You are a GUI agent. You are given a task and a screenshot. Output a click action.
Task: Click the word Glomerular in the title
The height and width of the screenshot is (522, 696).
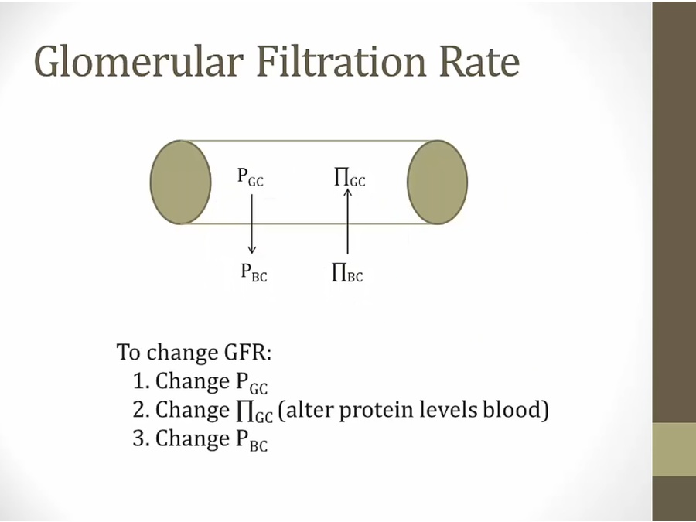click(x=139, y=61)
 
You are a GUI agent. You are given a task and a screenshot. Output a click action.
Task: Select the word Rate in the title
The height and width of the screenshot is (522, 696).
click(x=479, y=61)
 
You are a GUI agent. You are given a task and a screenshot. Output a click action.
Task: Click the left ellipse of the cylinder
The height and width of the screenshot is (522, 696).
click(x=181, y=182)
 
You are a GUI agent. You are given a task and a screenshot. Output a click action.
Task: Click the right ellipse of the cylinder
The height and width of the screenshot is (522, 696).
click(x=437, y=182)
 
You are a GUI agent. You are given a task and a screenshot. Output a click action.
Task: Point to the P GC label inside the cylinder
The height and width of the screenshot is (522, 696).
click(x=251, y=177)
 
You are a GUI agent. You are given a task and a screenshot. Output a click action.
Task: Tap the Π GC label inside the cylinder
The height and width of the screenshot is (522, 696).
click(x=350, y=178)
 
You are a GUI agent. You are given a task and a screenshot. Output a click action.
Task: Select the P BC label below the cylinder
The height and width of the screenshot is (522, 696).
click(x=254, y=272)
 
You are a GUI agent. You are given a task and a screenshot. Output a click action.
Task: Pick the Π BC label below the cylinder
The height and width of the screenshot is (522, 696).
click(x=347, y=272)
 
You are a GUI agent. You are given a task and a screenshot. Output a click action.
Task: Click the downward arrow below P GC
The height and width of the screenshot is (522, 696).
click(x=251, y=224)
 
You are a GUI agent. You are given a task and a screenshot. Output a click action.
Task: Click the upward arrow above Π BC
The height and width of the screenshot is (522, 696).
click(x=347, y=221)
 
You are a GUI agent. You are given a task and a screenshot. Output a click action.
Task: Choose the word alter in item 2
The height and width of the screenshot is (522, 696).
click(x=310, y=409)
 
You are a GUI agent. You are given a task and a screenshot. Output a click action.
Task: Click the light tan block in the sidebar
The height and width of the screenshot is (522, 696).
click(x=674, y=449)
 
